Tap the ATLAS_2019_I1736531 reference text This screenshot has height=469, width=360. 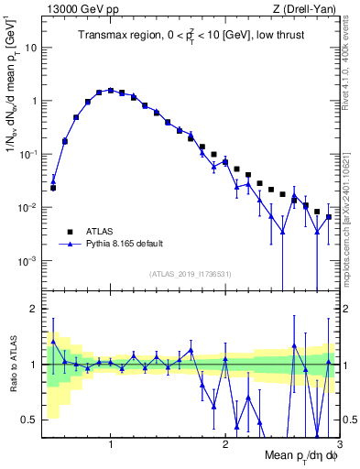click(x=191, y=274)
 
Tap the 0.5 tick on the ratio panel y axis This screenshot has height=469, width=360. click(x=29, y=420)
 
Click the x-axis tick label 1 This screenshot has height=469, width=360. click(x=110, y=444)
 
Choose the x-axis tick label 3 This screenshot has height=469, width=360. click(x=338, y=444)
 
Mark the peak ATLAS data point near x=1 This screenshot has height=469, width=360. click(x=110, y=91)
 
